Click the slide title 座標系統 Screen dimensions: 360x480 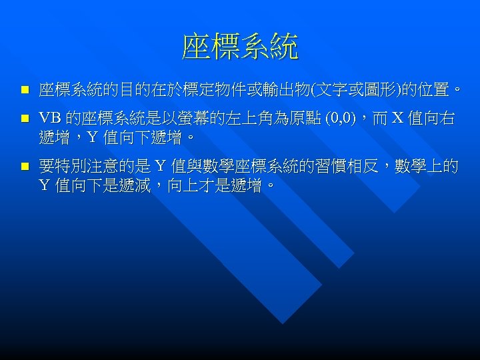pyautogui.click(x=240, y=47)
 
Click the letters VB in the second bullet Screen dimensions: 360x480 pyautogui.click(x=50, y=119)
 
